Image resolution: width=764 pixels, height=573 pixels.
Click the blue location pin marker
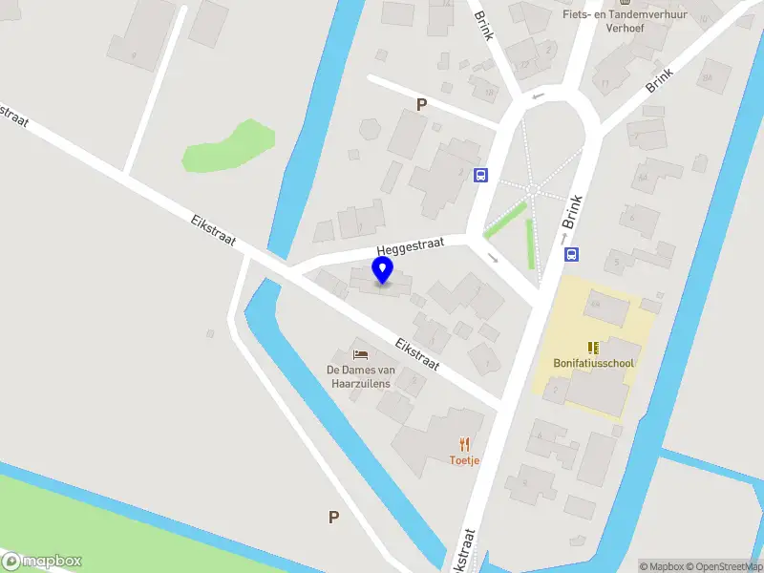[383, 270]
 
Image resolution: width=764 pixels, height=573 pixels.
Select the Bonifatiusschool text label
[593, 363]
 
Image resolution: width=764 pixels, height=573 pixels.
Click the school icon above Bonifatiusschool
[593, 347]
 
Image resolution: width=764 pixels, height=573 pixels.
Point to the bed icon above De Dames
[361, 354]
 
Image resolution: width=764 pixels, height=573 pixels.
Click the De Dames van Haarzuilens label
[361, 376]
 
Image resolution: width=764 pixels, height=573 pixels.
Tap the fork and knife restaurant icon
[465, 444]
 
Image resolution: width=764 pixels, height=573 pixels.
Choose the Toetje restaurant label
[465, 460]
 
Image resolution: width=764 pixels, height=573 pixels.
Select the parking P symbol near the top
[420, 105]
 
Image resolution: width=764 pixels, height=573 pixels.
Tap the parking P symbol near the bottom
[333, 518]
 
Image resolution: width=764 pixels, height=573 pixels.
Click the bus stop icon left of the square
[480, 175]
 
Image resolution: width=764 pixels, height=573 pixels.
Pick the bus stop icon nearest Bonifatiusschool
[572, 254]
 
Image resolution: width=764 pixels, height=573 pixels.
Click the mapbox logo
[42, 562]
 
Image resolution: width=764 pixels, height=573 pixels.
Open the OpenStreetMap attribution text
[725, 566]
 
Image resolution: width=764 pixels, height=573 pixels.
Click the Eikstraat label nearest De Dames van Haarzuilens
[417, 354]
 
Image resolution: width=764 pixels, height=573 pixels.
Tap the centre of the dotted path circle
[533, 191]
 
